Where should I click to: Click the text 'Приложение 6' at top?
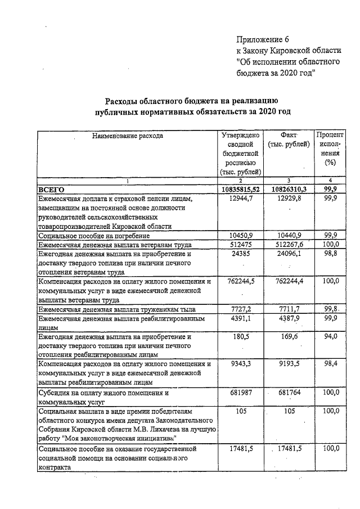tap(262, 39)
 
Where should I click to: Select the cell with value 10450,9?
tap(241, 235)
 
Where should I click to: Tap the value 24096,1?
tap(289, 254)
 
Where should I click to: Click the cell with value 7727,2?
tap(241, 309)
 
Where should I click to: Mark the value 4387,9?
tap(289, 318)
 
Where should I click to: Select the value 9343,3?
tap(241, 364)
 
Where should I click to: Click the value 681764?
tap(289, 393)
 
